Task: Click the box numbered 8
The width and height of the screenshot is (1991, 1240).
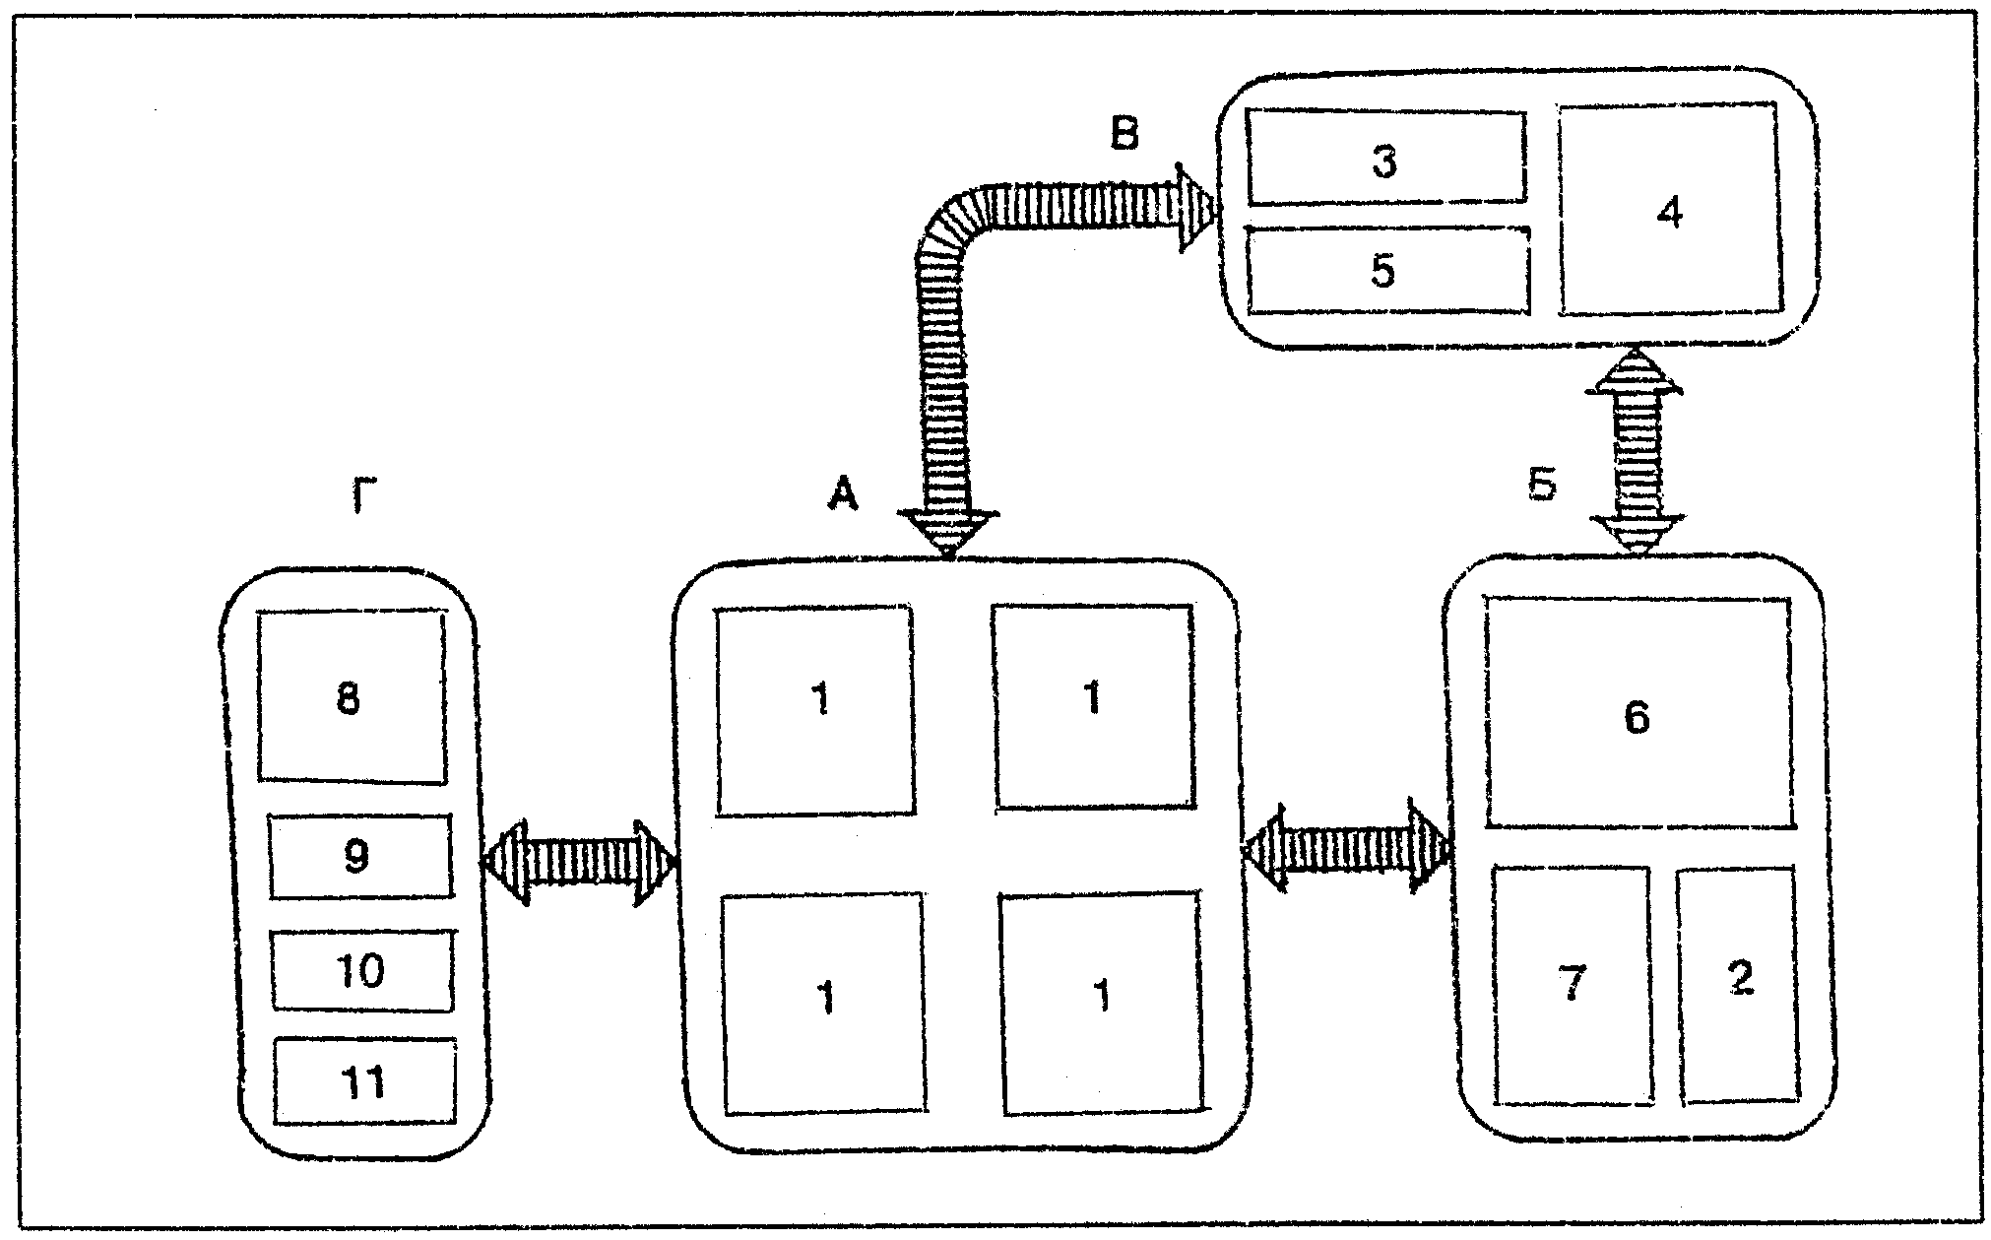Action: point(351,698)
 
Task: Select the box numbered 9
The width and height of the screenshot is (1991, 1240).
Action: point(360,856)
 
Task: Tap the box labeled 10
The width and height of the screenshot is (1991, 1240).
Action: point(362,970)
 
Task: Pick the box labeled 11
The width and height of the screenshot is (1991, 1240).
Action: point(364,1081)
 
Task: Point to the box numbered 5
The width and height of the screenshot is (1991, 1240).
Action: point(1384,270)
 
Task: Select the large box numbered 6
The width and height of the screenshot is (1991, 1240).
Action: point(1637,714)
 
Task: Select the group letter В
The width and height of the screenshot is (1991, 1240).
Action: point(1124,135)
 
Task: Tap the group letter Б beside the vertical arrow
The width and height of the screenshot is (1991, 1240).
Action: point(1541,484)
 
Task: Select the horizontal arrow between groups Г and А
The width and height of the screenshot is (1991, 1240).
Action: point(580,862)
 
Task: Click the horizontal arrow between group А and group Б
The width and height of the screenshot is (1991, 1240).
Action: point(1346,848)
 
